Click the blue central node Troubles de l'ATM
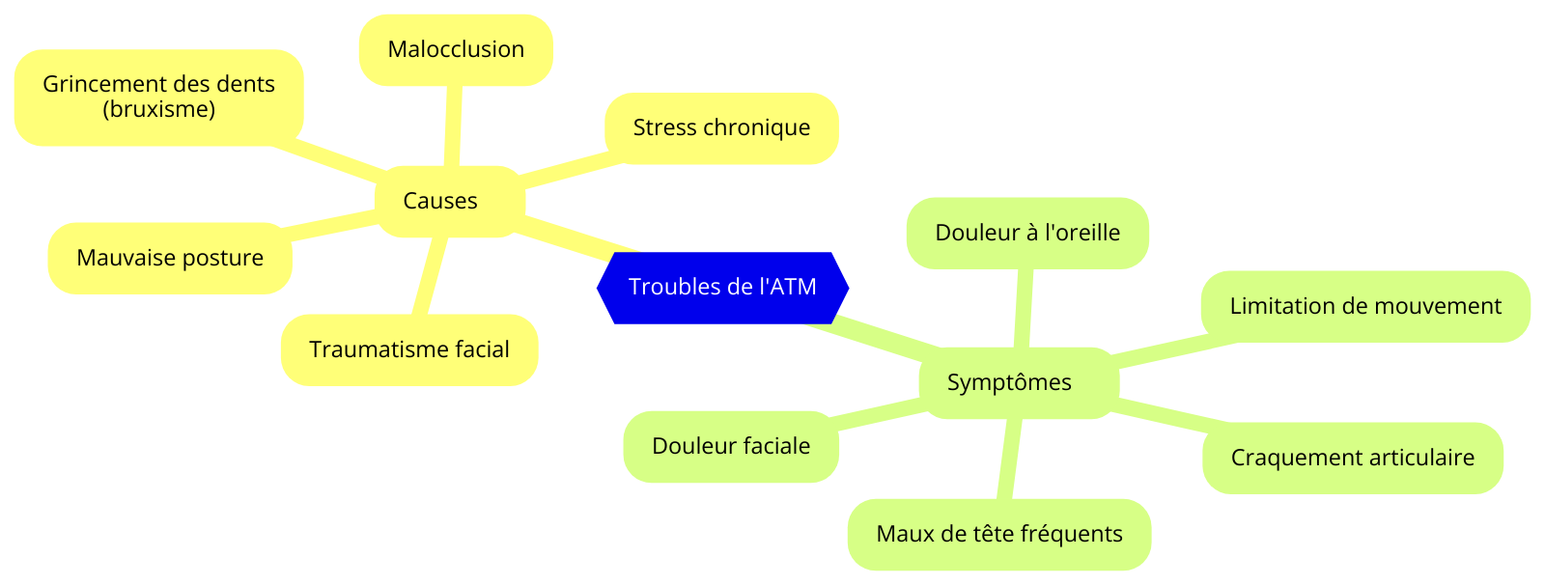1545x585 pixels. (x=722, y=288)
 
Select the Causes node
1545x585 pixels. (x=440, y=201)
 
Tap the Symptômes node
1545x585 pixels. (x=1009, y=382)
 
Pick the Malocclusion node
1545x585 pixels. (x=456, y=49)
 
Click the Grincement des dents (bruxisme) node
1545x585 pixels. (x=158, y=97)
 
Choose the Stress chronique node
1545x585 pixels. (x=721, y=127)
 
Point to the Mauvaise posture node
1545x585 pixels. (x=170, y=258)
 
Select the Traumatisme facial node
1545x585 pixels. (x=409, y=349)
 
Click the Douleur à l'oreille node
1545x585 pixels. (x=1027, y=233)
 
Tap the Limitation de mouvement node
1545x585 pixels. (x=1365, y=306)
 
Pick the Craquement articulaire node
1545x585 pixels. (x=1352, y=458)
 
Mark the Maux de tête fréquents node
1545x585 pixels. (x=999, y=534)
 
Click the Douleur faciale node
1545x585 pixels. (x=731, y=446)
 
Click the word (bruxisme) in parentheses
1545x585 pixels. (x=158, y=109)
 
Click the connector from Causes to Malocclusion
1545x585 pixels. (x=451, y=125)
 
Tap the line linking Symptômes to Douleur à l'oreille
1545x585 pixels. (x=1022, y=308)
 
